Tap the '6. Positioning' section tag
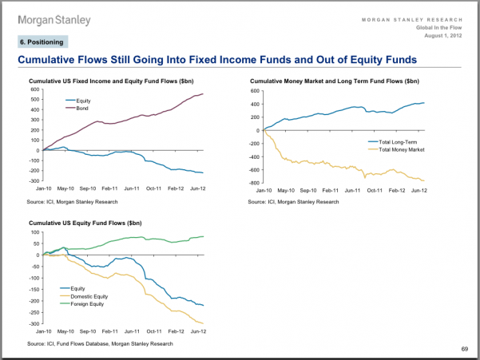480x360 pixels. point(42,42)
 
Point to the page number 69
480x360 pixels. point(464,349)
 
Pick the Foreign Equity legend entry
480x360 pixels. point(85,304)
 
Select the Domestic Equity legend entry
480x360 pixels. point(89,296)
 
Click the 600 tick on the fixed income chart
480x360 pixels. point(34,89)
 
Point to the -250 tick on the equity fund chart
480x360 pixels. point(33,313)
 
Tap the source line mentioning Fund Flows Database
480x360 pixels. point(101,343)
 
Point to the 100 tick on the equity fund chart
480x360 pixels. point(35,232)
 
